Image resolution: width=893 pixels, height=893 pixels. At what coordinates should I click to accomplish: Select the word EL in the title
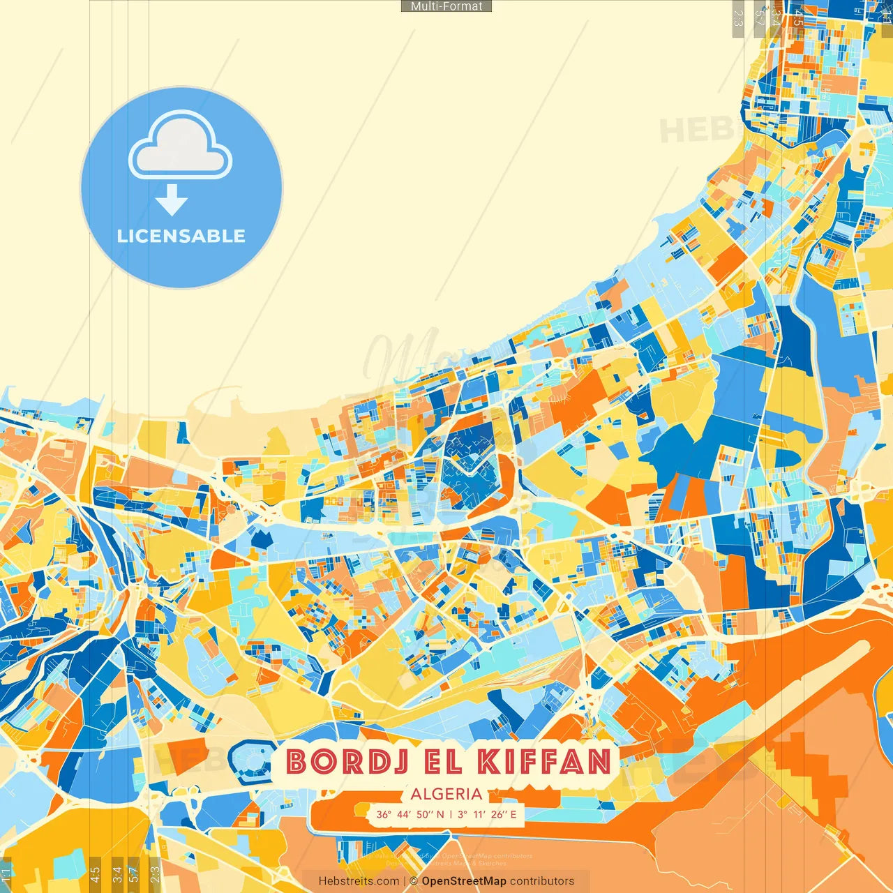(x=442, y=762)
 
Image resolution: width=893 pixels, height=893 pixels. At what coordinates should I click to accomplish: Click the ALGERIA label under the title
(x=446, y=794)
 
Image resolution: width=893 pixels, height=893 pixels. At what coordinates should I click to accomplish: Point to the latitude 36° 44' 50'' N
(x=410, y=814)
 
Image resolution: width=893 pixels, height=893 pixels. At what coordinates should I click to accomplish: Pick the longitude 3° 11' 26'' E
(x=488, y=814)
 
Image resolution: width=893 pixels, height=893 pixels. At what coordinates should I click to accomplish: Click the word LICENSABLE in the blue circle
(x=181, y=236)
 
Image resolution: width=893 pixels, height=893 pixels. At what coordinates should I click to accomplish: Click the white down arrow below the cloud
(x=172, y=200)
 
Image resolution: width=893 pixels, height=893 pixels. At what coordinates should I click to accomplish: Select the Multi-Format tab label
(x=446, y=6)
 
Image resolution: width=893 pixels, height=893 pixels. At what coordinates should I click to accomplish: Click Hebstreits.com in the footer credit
(x=359, y=881)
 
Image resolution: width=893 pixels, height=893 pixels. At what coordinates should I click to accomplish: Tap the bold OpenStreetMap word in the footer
(x=464, y=881)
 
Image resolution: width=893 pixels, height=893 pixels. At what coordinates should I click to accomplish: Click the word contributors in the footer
(x=542, y=881)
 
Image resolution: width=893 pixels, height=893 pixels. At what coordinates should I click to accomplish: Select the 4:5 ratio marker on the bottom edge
(x=95, y=873)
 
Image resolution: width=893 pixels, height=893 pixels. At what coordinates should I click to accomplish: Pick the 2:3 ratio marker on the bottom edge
(x=155, y=873)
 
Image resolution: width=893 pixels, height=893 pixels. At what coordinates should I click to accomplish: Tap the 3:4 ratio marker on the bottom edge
(x=117, y=873)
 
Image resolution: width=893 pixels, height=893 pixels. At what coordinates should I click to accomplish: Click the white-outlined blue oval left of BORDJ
(x=249, y=761)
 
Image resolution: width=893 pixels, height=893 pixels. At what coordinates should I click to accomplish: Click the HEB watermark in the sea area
(x=694, y=130)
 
